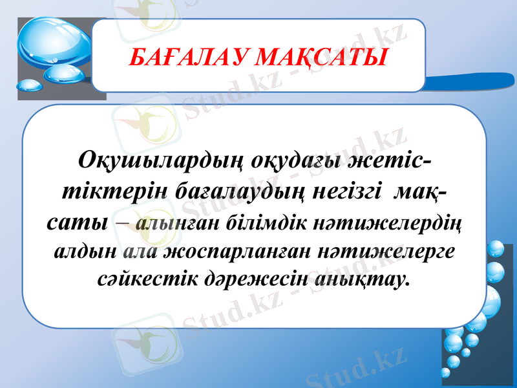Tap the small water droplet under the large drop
(28, 85)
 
